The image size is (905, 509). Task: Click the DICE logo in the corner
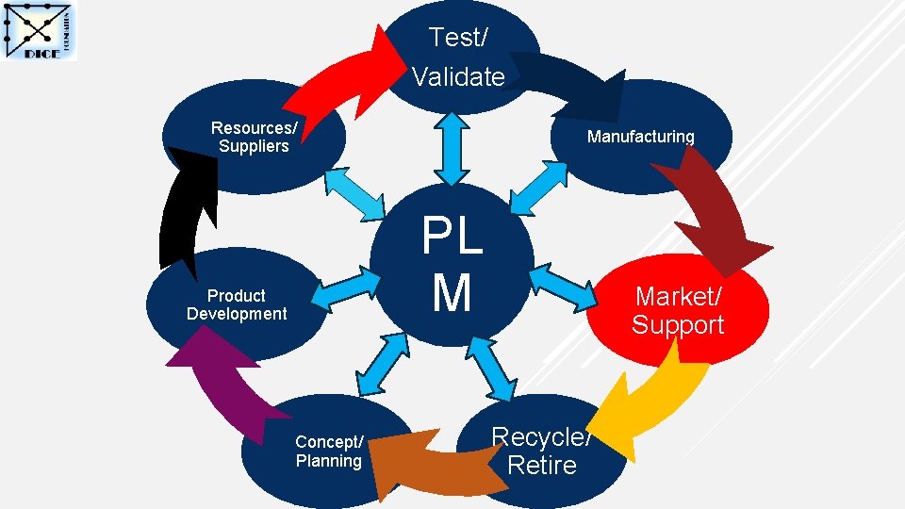[x=41, y=31]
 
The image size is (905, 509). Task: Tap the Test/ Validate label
[x=458, y=57]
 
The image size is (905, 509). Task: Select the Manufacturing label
[x=640, y=137]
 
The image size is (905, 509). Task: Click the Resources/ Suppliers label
[x=254, y=137]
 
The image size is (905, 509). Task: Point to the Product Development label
[x=237, y=304]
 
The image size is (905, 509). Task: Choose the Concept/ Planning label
[x=328, y=452]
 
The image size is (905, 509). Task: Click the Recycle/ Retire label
[x=541, y=451]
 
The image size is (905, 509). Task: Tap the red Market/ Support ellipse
[x=678, y=311]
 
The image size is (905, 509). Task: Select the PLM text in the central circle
[x=452, y=265]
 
